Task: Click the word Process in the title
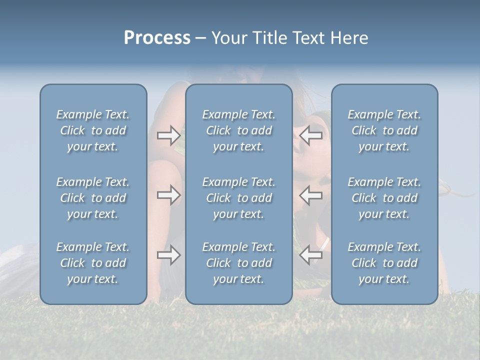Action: [157, 38]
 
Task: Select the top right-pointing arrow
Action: [168, 135]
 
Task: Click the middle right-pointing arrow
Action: [168, 195]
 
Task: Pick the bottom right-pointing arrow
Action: [168, 255]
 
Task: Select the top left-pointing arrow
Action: [311, 135]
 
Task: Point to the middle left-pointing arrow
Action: [311, 195]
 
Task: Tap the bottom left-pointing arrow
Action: [311, 255]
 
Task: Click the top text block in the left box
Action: [93, 130]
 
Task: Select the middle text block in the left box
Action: [93, 198]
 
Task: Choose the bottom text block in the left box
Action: [93, 263]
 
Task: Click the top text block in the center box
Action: [238, 130]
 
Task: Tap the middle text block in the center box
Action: [238, 198]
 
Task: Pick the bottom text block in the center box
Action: [238, 263]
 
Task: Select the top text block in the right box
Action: [384, 130]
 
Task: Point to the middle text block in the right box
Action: [384, 198]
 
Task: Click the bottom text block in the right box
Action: [384, 263]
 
